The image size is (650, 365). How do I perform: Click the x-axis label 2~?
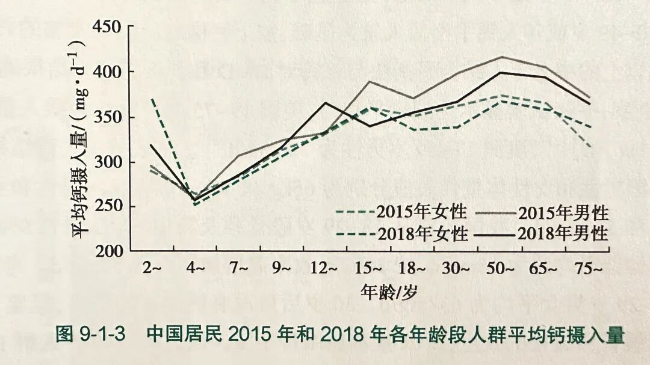[152, 268]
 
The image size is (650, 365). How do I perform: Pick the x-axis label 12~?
[324, 268]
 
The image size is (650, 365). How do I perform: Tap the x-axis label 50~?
[500, 268]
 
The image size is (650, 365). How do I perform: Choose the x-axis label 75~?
[589, 268]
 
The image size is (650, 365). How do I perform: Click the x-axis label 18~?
[411, 268]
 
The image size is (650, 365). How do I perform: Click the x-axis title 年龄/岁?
[388, 292]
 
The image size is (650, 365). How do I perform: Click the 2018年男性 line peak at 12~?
[326, 102]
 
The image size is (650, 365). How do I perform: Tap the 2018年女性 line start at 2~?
[152, 99]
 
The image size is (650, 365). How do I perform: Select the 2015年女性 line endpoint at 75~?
[590, 146]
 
